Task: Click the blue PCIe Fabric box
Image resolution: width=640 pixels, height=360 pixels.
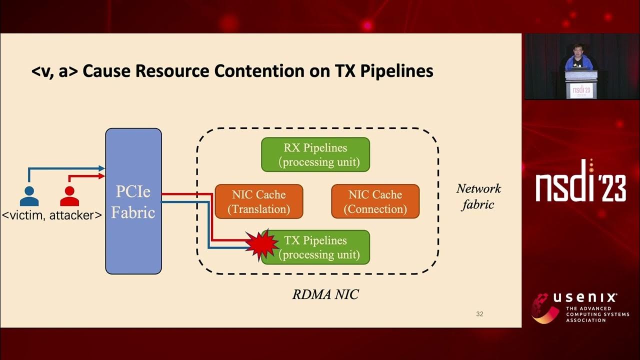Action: (x=133, y=201)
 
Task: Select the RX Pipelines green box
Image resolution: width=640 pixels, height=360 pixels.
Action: (x=315, y=155)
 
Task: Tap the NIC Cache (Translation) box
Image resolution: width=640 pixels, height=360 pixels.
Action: (x=258, y=201)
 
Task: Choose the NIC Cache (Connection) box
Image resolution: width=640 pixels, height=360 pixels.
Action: (x=375, y=201)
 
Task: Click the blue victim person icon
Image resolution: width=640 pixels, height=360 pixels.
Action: (x=29, y=196)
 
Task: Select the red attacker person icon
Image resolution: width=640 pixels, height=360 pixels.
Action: (x=69, y=196)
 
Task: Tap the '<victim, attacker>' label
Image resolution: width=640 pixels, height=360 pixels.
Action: (x=52, y=215)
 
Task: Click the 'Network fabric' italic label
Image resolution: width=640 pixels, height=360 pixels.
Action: (x=478, y=196)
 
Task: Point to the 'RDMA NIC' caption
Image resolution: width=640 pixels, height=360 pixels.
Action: (x=325, y=294)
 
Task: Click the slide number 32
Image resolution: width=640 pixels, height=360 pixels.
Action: (x=479, y=314)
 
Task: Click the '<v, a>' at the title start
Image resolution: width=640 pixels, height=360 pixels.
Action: (x=54, y=71)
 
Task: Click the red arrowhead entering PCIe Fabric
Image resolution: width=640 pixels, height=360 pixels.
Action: (x=102, y=176)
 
